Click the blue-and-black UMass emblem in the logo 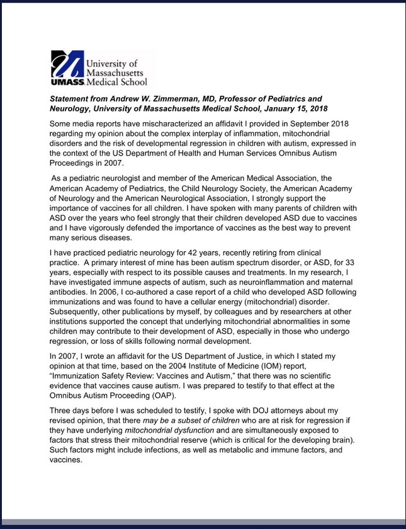[65, 63]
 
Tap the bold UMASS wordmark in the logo [65, 82]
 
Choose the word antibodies [72, 293]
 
